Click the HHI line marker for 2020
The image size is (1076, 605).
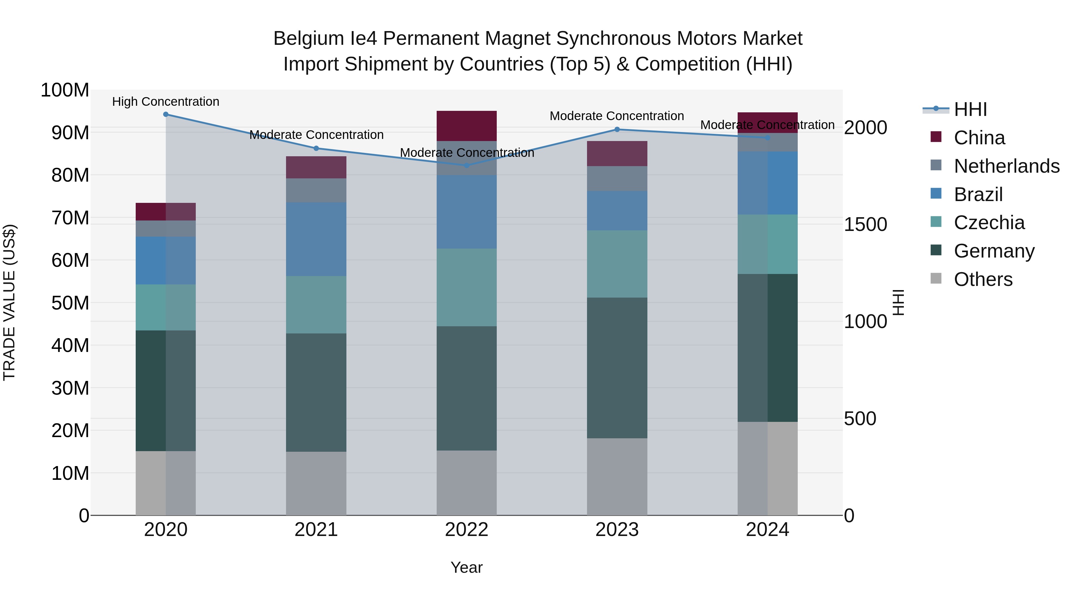pos(166,114)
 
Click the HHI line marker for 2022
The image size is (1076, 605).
pos(467,165)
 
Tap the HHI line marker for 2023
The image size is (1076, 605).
pos(617,129)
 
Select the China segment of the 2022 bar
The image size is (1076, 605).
pos(467,126)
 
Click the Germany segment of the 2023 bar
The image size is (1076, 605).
pos(617,367)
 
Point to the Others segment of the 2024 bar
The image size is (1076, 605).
pos(767,468)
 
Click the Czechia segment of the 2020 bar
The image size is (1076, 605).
pos(166,307)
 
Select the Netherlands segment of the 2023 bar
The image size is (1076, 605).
pos(617,178)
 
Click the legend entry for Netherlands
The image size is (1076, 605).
pos(1006,166)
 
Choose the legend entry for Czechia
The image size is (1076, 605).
pos(989,223)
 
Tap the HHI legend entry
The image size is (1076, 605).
pos(970,109)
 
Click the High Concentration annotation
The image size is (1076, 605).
pos(166,102)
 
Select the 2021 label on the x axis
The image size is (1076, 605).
pos(316,529)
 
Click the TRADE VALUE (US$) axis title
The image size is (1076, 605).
pos(9,302)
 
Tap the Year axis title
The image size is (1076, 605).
pos(467,567)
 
